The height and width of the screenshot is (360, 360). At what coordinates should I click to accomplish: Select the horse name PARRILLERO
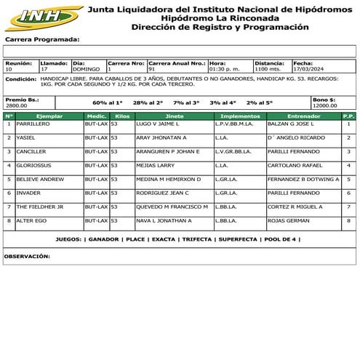pos(33,124)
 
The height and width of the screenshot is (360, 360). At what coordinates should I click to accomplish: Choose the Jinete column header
pos(175,116)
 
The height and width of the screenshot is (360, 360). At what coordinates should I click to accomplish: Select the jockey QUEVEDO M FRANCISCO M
pos(172,206)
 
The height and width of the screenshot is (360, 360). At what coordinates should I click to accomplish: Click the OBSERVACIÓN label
pos(26,256)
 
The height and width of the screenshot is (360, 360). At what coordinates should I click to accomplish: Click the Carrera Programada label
pos(42,39)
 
